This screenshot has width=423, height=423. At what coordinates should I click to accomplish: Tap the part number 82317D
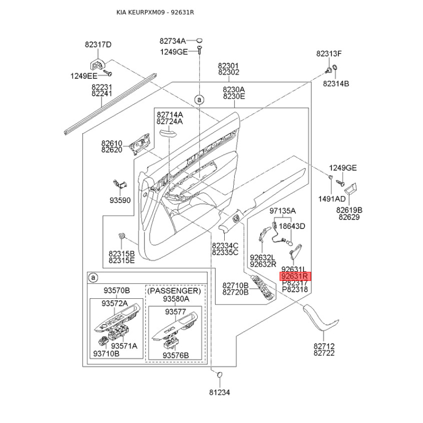(x=98, y=44)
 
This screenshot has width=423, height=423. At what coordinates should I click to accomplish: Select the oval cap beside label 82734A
(x=199, y=41)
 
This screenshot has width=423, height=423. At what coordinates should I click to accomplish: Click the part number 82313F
(x=329, y=54)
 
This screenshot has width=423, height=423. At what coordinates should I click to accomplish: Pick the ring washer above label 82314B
(x=335, y=68)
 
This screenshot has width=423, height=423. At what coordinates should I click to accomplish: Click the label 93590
(x=120, y=200)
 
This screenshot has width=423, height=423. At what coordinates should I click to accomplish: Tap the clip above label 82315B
(x=122, y=236)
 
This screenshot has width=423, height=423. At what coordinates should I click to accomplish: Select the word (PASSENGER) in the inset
(x=174, y=291)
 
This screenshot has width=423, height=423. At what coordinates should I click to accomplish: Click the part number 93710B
(x=106, y=353)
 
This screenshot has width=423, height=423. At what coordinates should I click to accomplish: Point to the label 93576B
(x=176, y=355)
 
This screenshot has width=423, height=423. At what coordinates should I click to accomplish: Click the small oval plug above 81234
(x=219, y=375)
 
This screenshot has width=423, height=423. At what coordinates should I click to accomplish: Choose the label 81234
(x=219, y=392)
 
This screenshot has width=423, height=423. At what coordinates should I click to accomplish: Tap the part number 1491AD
(x=332, y=199)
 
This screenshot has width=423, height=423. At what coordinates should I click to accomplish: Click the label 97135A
(x=282, y=211)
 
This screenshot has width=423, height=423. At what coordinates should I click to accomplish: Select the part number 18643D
(x=292, y=226)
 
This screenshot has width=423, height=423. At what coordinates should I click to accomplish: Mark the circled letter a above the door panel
(x=199, y=100)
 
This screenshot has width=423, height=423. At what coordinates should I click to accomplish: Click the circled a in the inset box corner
(x=94, y=278)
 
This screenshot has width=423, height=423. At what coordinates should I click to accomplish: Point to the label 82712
(x=324, y=346)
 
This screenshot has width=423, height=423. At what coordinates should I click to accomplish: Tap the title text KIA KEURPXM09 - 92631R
(x=155, y=12)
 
